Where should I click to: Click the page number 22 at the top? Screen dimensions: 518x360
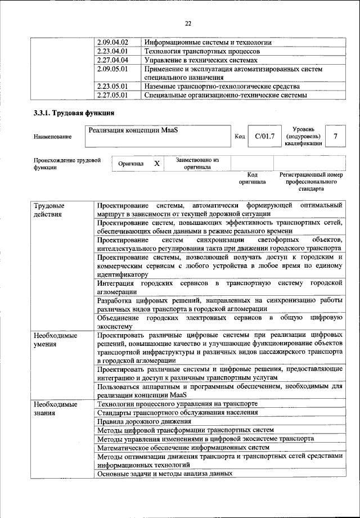(x=188, y=23)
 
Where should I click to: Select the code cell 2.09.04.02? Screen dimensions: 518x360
(x=112, y=43)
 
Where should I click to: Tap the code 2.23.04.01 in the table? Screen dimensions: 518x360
(x=112, y=51)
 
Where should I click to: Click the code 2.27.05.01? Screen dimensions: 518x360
(x=112, y=95)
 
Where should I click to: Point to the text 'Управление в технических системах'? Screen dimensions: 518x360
(x=201, y=60)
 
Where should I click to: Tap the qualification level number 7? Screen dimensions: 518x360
(x=336, y=136)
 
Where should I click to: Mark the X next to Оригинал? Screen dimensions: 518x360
(x=157, y=164)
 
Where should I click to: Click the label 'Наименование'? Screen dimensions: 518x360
(x=53, y=137)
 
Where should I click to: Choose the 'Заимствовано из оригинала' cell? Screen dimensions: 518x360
(x=197, y=164)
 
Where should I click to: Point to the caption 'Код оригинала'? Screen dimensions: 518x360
(x=252, y=178)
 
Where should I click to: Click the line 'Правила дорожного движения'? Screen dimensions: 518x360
(x=145, y=421)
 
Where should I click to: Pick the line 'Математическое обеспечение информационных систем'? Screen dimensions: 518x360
(x=183, y=448)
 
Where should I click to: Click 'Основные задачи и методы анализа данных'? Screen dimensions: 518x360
(x=165, y=474)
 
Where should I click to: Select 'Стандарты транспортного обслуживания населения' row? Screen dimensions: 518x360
(x=178, y=412)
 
